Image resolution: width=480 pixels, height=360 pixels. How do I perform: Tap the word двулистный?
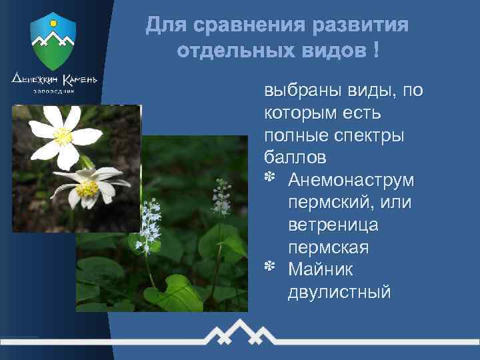click(x=339, y=292)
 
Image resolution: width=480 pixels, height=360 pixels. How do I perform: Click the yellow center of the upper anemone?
click(x=63, y=136)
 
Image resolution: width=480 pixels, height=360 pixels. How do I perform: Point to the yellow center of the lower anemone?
click(x=88, y=189)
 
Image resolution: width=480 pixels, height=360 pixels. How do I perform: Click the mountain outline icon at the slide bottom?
click(x=241, y=333)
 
